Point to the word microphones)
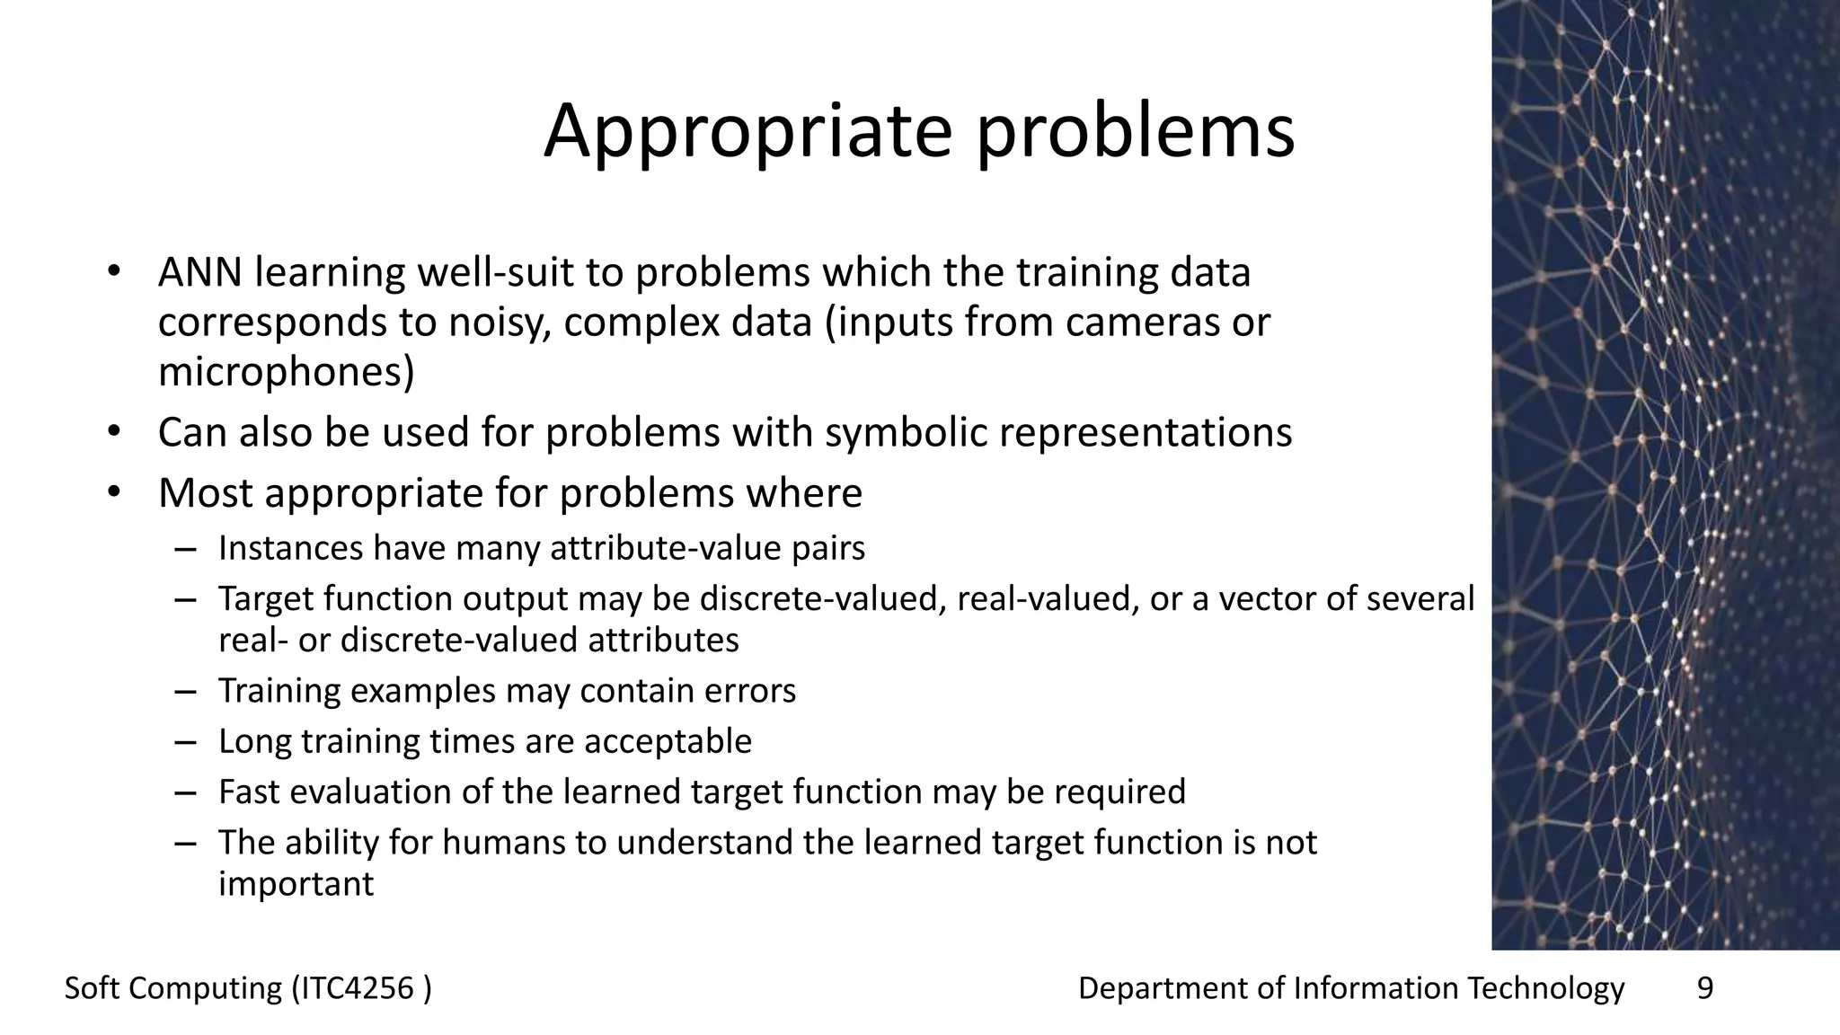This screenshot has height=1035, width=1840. click(287, 372)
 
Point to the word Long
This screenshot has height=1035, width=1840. click(254, 741)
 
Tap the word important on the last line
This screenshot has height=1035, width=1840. click(296, 884)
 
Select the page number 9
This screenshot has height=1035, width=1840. click(1704, 988)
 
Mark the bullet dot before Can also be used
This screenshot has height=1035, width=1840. click(112, 433)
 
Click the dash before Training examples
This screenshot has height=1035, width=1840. click(186, 691)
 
